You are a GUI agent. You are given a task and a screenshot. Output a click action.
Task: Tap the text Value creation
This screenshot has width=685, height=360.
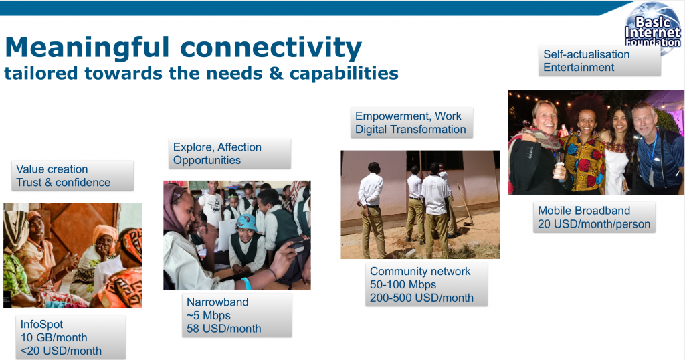click(52, 169)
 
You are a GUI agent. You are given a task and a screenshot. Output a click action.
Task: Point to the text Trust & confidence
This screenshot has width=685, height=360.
click(63, 183)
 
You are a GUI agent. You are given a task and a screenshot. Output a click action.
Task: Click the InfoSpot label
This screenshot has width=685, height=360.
click(41, 325)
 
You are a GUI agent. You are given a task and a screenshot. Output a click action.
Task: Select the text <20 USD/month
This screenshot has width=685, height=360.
click(61, 351)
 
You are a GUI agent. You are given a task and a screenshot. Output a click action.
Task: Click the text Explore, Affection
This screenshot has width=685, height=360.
click(217, 147)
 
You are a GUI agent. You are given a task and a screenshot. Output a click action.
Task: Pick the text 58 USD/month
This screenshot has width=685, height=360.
click(223, 329)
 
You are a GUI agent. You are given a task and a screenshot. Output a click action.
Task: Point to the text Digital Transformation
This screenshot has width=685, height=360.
click(410, 130)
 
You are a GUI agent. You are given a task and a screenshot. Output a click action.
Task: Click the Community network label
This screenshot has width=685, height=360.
click(420, 272)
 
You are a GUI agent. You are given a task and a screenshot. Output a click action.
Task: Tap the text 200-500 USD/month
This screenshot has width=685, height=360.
click(421, 298)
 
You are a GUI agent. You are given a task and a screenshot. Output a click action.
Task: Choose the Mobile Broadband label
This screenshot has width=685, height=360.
click(584, 211)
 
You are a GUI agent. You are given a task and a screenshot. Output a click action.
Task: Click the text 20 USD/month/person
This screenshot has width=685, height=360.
click(594, 225)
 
